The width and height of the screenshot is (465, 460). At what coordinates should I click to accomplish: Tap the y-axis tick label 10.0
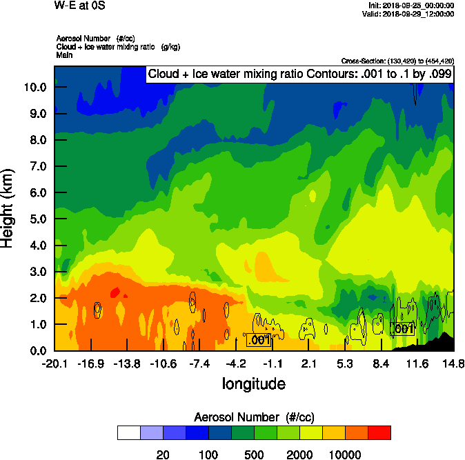tap(34, 88)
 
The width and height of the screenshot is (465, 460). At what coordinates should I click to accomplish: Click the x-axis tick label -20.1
tap(55, 363)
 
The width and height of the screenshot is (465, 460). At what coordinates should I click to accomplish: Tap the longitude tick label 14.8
tap(453, 363)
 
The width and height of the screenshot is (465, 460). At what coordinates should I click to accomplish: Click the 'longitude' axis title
tap(253, 383)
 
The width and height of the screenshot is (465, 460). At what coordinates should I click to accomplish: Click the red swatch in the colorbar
tap(379, 432)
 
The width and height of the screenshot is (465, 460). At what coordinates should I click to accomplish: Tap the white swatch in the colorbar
tap(128, 432)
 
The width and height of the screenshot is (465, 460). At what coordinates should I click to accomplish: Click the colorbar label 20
tap(163, 454)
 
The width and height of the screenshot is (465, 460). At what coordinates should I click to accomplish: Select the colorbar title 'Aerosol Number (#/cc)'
tap(254, 417)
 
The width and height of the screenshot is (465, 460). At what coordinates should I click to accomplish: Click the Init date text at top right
tap(412, 6)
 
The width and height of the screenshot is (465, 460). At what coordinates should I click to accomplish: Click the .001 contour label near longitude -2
tap(259, 340)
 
